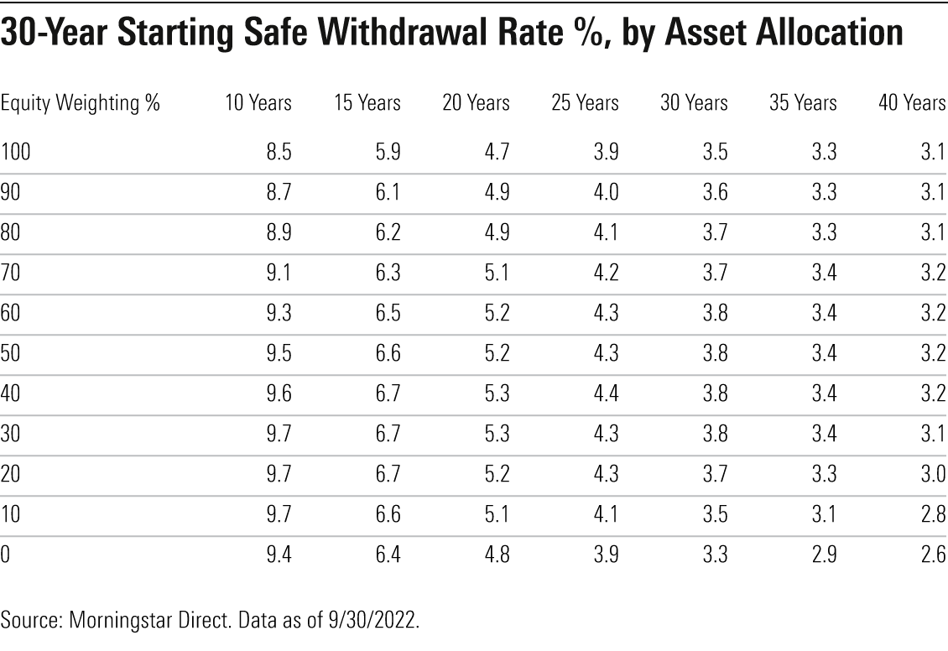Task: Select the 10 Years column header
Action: click(258, 103)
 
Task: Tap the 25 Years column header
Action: click(585, 103)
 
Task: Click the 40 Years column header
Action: click(912, 103)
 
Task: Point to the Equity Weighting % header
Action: click(81, 103)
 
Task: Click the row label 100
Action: click(15, 152)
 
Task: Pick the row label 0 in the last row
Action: click(5, 554)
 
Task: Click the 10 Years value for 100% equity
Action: click(279, 152)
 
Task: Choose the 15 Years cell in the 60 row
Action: click(388, 312)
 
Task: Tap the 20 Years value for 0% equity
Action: click(497, 554)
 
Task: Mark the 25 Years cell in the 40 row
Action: click(606, 393)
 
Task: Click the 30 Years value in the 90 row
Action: click(715, 192)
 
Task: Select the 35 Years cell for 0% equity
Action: click(824, 554)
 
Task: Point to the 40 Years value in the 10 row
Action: click(933, 513)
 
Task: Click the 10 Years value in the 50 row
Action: click(279, 352)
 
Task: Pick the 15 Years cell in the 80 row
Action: click(388, 232)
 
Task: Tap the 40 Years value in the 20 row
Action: click(933, 473)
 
